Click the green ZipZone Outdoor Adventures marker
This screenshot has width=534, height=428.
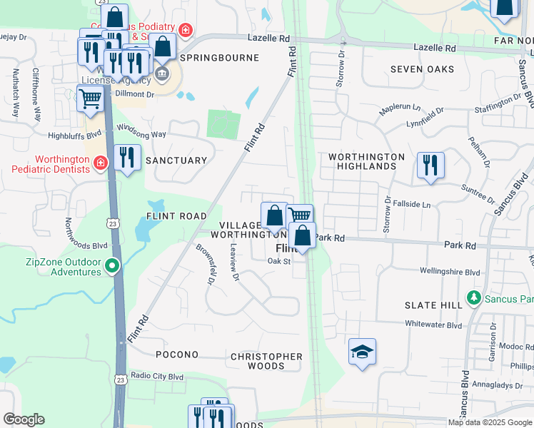pyautogui.click(x=111, y=267)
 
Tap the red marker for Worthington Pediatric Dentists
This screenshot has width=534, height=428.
pyautogui.click(x=101, y=163)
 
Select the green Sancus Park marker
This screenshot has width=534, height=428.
pyautogui.click(x=473, y=297)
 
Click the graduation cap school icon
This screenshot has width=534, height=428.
pyautogui.click(x=362, y=352)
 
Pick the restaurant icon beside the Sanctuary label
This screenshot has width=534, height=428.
pyautogui.click(x=127, y=158)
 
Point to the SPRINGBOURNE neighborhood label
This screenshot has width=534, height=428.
pyautogui.click(x=219, y=56)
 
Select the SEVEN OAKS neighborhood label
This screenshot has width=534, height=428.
pyautogui.click(x=422, y=69)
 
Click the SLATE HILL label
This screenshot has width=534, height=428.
pyautogui.click(x=433, y=305)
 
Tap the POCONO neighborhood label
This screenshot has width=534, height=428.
pyautogui.click(x=176, y=355)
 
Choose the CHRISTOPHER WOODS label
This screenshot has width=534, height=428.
pyautogui.click(x=266, y=361)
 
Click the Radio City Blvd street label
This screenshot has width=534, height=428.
pyautogui.click(x=157, y=376)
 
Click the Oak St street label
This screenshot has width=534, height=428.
pyautogui.click(x=279, y=261)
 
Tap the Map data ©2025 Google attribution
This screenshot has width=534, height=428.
pyautogui.click(x=489, y=422)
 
